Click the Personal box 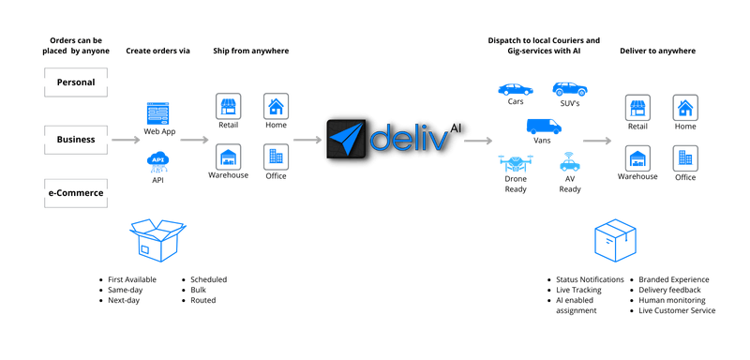click(74, 83)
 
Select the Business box click(74, 140)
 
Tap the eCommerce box click(74, 192)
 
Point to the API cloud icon click(157, 164)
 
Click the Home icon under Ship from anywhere click(275, 104)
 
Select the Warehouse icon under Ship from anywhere click(228, 156)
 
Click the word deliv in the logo click(412, 140)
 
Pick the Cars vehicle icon click(516, 89)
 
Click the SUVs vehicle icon click(571, 89)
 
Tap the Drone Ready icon click(516, 165)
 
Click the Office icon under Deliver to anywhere click(685, 156)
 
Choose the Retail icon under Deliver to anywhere click(638, 104)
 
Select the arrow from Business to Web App click(118, 141)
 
